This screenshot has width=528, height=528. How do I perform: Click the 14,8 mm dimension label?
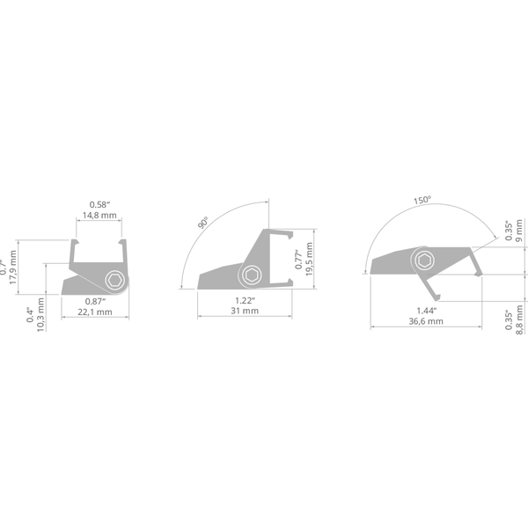(x=99, y=216)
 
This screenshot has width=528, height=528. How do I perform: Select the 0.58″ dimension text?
(x=99, y=204)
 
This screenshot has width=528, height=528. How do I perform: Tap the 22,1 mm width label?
(x=95, y=312)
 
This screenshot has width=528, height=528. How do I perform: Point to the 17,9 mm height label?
(x=13, y=268)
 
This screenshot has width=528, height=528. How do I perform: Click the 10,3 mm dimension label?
(x=40, y=315)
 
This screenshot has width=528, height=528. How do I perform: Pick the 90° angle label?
(x=202, y=223)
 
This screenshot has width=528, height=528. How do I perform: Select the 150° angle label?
(x=422, y=200)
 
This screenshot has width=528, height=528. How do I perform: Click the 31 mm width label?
(x=245, y=311)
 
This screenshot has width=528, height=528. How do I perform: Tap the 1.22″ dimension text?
(x=245, y=300)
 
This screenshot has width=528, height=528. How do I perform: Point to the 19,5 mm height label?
(x=309, y=260)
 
